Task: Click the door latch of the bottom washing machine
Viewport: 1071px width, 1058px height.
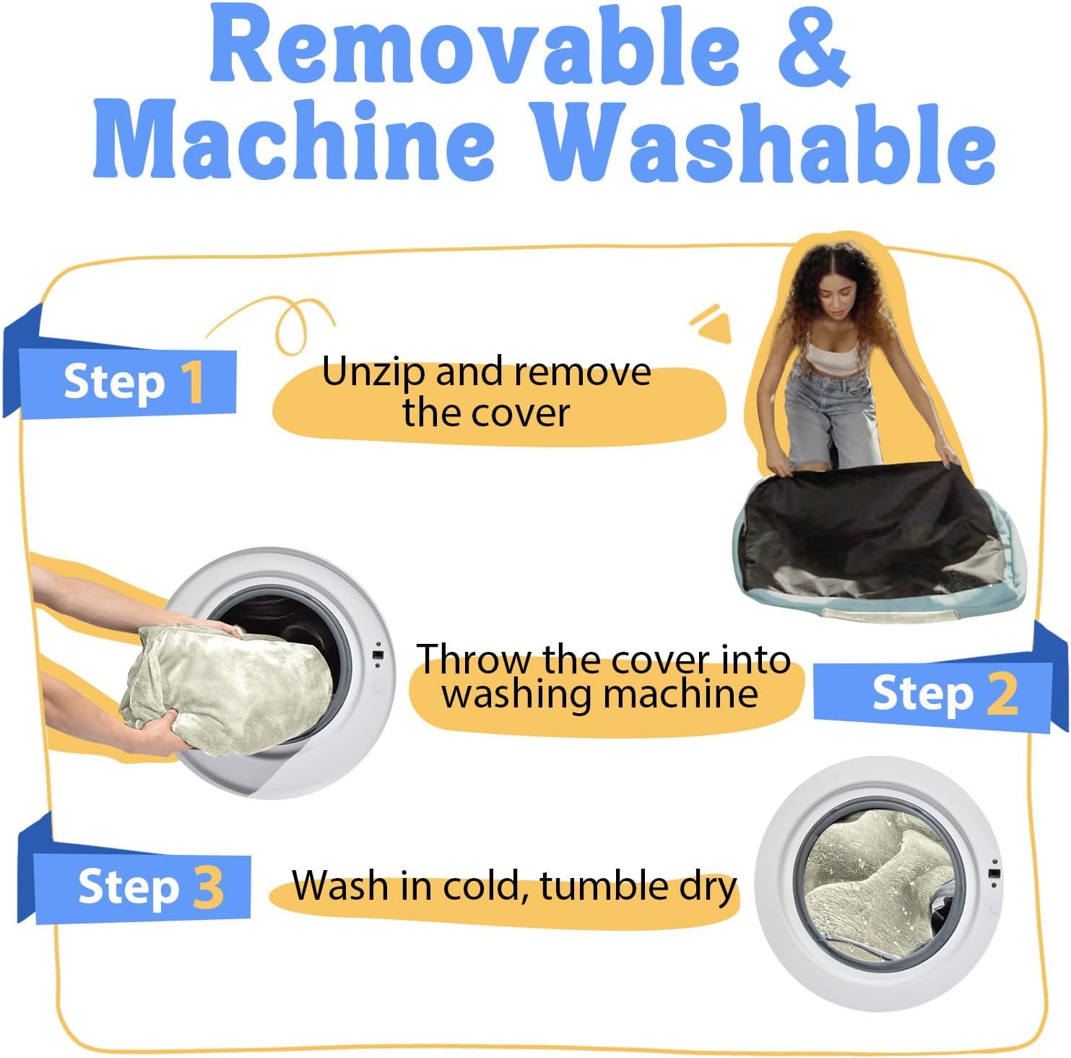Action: tap(994, 873)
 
